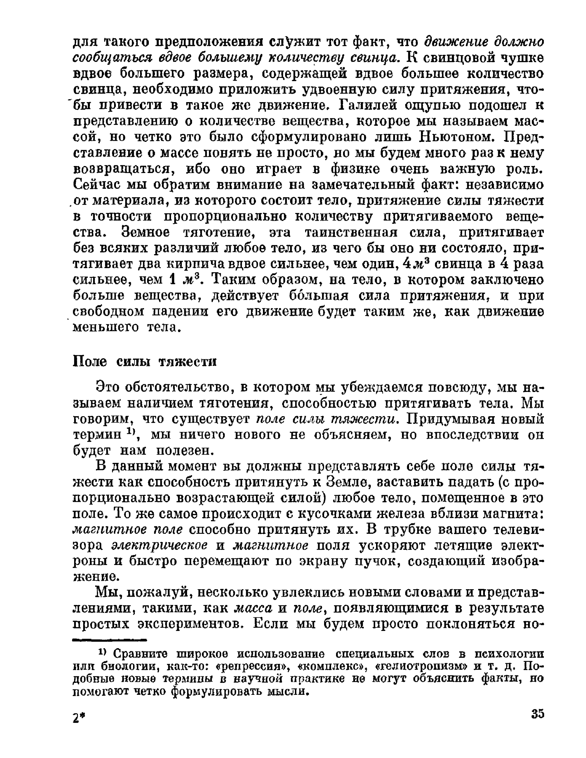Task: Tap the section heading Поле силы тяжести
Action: click(145, 361)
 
